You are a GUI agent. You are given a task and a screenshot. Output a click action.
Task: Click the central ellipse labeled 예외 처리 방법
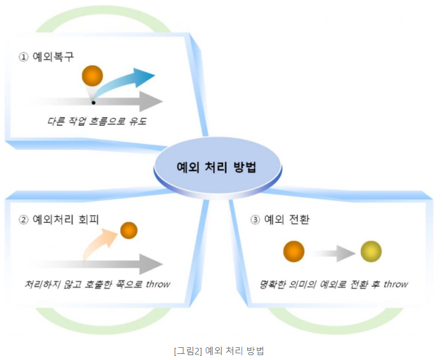coord(217,167)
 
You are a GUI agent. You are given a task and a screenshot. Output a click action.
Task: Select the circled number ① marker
coord(24,56)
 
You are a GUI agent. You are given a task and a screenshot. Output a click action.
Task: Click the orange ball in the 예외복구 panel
coord(93,76)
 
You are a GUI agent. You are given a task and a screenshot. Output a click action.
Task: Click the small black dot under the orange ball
coord(93,103)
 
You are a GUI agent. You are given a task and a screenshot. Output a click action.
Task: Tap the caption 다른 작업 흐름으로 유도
coord(97,121)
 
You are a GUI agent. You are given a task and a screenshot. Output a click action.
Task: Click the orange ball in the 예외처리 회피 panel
coord(129,230)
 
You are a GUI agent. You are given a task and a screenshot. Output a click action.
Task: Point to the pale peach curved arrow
coord(97,243)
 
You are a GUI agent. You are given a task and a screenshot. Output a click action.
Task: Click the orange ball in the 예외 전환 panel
coord(293,251)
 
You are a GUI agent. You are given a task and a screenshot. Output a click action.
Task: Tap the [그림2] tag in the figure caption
coord(188,350)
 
